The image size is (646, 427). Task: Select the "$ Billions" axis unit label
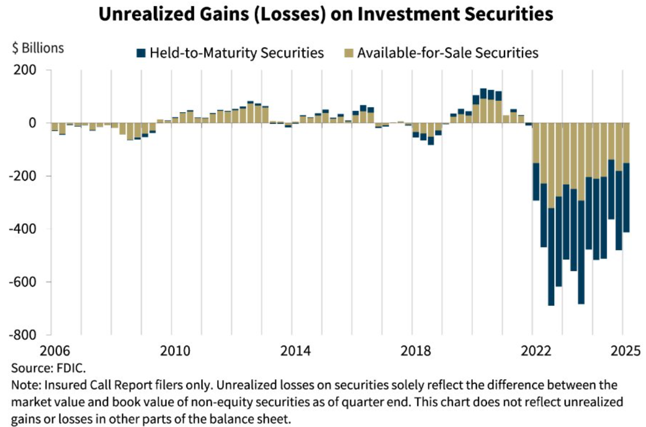pyautogui.click(x=38, y=48)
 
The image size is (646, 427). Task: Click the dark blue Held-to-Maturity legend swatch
pyautogui.click(x=141, y=53)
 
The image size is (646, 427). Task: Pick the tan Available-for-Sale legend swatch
pyautogui.click(x=349, y=53)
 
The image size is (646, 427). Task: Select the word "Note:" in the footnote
pyautogui.click(x=26, y=386)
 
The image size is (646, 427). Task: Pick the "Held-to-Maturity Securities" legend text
pyautogui.click(x=237, y=53)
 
